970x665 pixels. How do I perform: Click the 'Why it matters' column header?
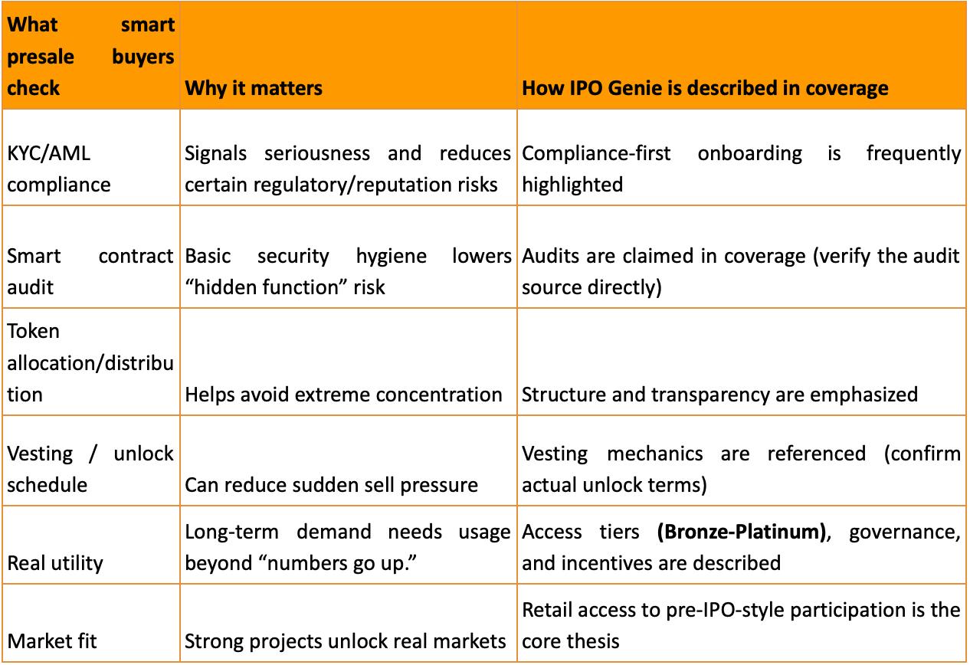click(x=253, y=87)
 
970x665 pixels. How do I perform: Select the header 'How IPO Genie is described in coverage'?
click(x=705, y=87)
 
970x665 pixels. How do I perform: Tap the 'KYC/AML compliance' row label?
click(x=59, y=169)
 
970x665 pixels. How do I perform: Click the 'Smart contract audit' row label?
click(x=90, y=270)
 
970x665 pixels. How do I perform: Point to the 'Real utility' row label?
click(x=55, y=563)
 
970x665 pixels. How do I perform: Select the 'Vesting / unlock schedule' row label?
click(x=90, y=469)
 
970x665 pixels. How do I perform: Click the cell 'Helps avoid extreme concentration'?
click(x=343, y=395)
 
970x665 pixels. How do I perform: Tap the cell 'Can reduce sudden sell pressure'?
click(x=331, y=484)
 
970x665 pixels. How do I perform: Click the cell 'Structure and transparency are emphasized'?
click(x=719, y=395)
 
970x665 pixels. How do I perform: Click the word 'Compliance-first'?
click(x=596, y=153)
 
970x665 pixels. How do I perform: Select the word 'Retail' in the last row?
click(x=545, y=610)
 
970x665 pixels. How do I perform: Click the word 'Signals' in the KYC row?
click(x=216, y=153)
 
